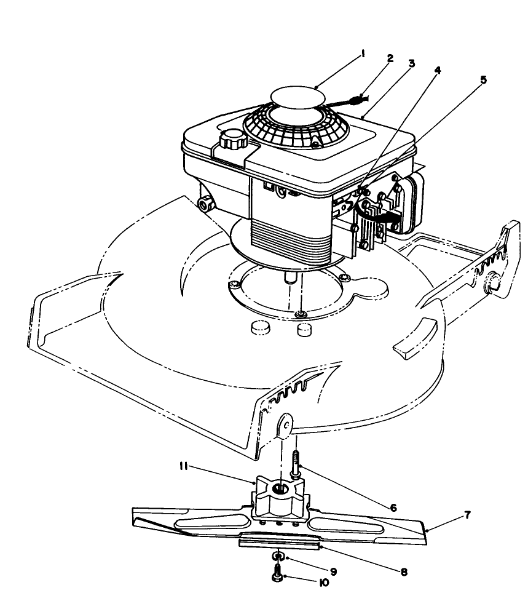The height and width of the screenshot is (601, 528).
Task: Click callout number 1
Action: (x=363, y=54)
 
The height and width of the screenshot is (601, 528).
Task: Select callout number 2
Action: (x=390, y=58)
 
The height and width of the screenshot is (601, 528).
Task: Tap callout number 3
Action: (x=411, y=63)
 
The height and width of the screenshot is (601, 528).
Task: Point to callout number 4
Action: (x=437, y=70)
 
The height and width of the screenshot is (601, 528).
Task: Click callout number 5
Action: (x=483, y=79)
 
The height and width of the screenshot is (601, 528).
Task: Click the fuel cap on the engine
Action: (x=232, y=141)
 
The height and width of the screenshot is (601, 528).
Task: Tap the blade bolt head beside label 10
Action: (x=277, y=576)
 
